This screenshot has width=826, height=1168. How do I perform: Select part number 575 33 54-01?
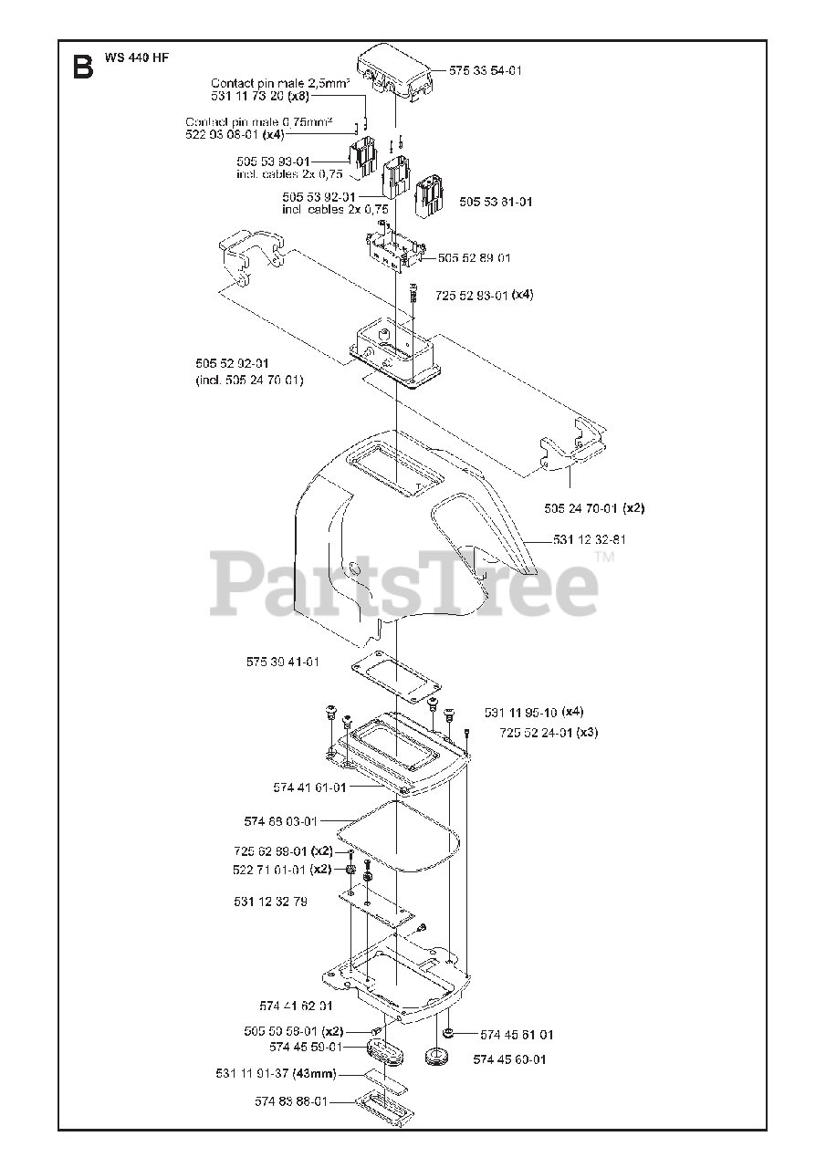[x=486, y=70]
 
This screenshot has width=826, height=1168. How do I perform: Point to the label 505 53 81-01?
[x=496, y=202]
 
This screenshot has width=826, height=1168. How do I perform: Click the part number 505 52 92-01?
[x=234, y=363]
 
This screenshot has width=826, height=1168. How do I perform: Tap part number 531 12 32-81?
[x=589, y=540]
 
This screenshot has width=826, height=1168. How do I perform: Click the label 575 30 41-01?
[x=283, y=662]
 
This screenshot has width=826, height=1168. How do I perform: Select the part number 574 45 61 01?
[x=517, y=1035]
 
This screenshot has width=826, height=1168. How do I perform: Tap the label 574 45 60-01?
[x=509, y=1059]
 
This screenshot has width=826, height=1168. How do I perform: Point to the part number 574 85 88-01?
[x=291, y=1101]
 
